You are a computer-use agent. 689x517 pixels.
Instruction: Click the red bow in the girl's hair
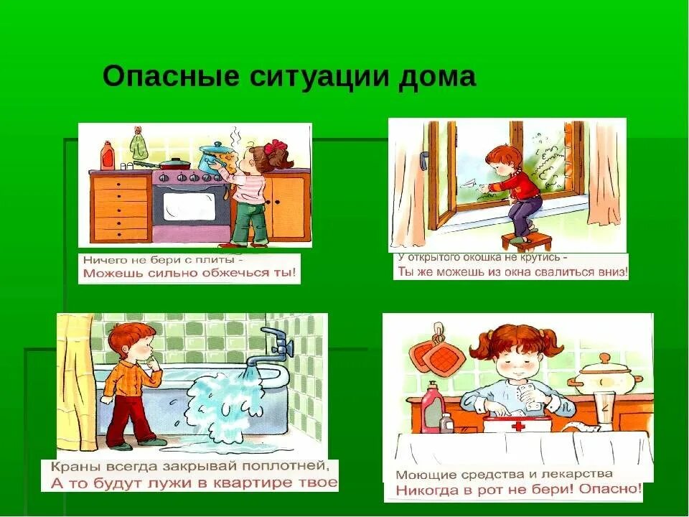pos(274,147)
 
